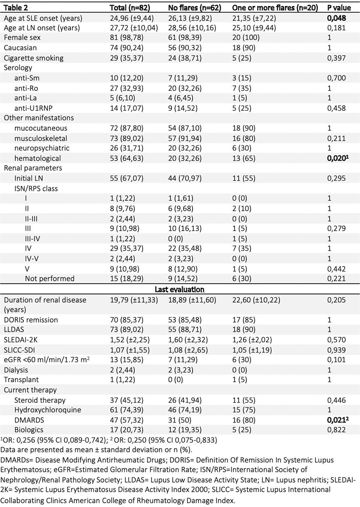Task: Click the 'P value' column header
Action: click(339, 8)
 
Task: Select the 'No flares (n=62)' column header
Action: click(195, 8)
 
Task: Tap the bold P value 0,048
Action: click(336, 18)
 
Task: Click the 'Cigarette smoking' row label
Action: click(34, 58)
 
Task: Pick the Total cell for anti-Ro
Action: click(127, 88)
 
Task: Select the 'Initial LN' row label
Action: click(29, 178)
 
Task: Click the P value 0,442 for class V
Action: click(336, 269)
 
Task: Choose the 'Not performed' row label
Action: click(49, 278)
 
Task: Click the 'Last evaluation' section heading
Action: click(179, 289)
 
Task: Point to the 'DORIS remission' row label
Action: click(31, 320)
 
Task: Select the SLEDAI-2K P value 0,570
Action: click(336, 340)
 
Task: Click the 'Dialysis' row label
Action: click(16, 370)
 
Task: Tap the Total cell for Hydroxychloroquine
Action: click(127, 410)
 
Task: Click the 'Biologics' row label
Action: click(29, 430)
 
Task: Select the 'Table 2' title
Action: click(16, 8)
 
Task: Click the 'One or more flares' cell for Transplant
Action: click(241, 380)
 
